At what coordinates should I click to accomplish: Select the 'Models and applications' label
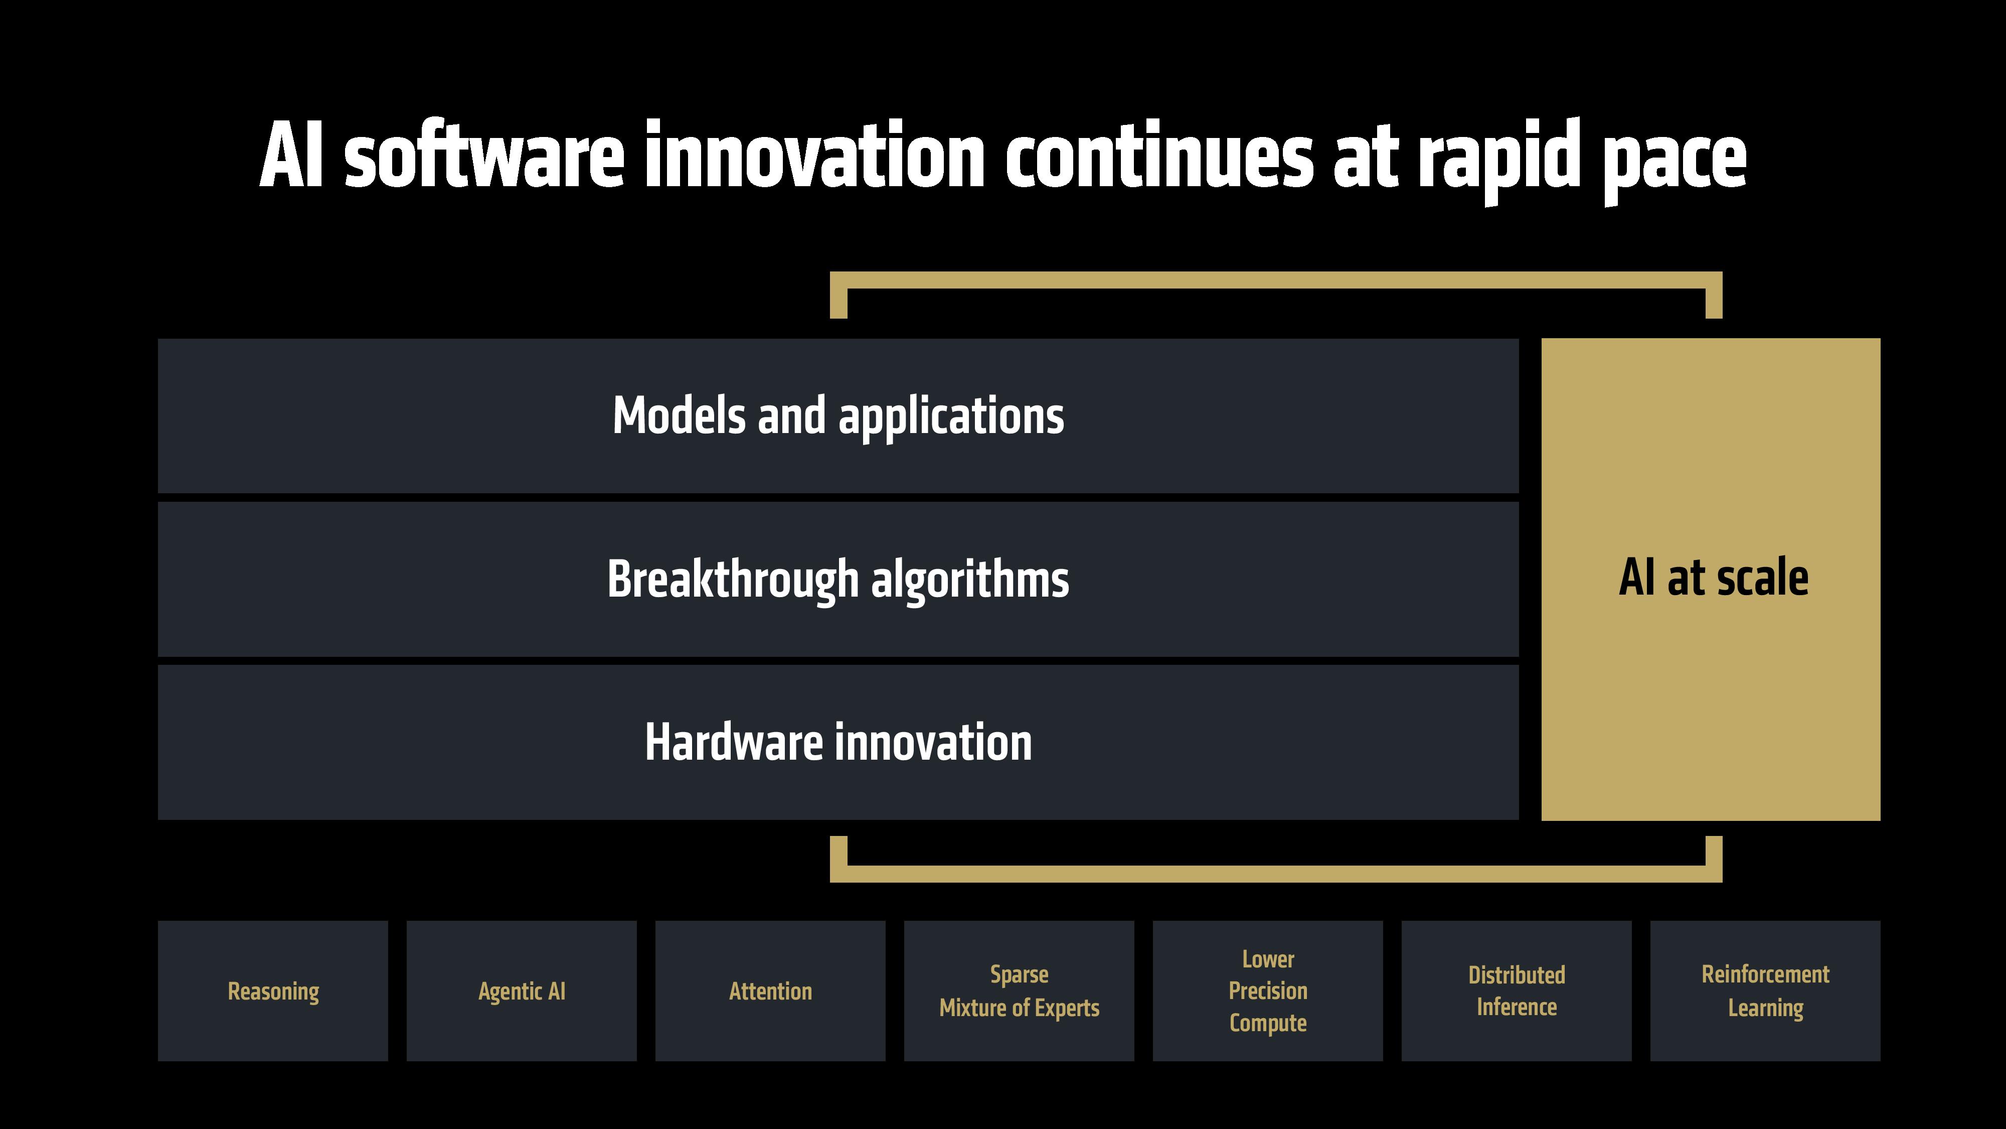coord(838,415)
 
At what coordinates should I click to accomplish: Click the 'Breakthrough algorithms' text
coord(838,579)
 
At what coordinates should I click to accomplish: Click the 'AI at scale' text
coord(1713,578)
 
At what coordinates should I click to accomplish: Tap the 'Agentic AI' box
coord(521,991)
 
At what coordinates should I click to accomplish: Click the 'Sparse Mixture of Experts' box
coord(1019,991)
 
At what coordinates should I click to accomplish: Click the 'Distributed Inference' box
coord(1516,991)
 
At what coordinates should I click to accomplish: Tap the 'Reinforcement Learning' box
coord(1765,991)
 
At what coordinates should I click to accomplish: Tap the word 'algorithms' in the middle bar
coord(969,581)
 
